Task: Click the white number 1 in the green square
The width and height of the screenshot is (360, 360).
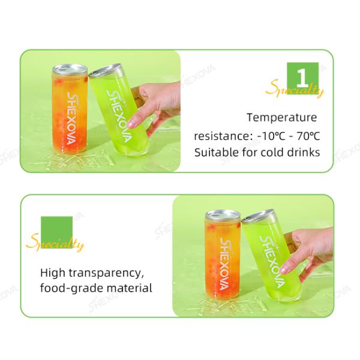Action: (x=302, y=77)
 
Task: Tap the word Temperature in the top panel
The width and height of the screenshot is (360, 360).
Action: (x=281, y=118)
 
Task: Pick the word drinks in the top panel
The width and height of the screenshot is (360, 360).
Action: (x=303, y=152)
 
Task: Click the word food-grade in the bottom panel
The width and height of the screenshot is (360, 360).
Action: (x=71, y=289)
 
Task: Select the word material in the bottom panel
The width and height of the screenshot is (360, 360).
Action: (x=130, y=289)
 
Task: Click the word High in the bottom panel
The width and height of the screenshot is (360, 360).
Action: (x=52, y=273)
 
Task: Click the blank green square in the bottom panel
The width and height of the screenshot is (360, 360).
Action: (x=56, y=230)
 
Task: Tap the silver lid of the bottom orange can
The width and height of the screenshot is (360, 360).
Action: (x=222, y=213)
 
